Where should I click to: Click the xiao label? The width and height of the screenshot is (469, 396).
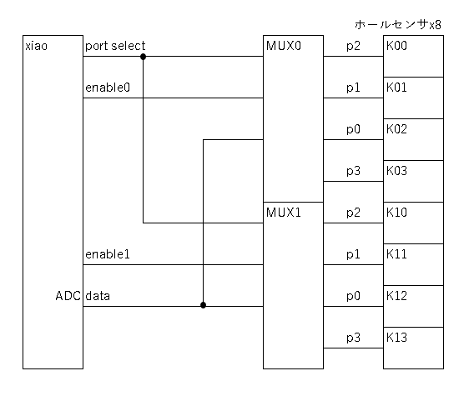tap(36, 47)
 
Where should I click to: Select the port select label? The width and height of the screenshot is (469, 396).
tap(115, 46)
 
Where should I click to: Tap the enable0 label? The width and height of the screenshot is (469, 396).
tap(108, 88)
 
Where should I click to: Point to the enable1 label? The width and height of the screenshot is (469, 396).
tap(108, 254)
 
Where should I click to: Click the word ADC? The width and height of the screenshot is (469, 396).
tap(68, 296)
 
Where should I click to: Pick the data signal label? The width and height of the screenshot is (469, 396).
tap(98, 296)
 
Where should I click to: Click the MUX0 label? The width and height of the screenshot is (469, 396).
tap(284, 46)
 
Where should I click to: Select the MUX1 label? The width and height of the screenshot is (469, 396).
tap(284, 213)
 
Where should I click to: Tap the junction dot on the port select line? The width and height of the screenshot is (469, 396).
tap(143, 57)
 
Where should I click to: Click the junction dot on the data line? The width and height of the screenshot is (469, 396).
tap(203, 305)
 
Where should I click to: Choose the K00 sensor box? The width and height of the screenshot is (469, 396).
tap(413, 56)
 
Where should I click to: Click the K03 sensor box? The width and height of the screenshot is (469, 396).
tap(413, 182)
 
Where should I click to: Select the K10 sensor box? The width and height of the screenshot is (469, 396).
tap(413, 223)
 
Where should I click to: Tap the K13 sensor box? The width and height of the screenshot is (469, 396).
tap(413, 348)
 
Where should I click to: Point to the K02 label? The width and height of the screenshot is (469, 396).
tap(396, 129)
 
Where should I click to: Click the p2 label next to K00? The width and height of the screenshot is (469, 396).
tap(353, 47)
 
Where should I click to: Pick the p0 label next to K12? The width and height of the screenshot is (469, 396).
tap(353, 297)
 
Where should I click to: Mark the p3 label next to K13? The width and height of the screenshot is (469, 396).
tap(353, 338)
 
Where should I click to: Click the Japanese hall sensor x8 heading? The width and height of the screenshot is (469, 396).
tap(398, 24)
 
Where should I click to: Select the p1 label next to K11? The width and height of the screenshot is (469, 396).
tap(353, 254)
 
